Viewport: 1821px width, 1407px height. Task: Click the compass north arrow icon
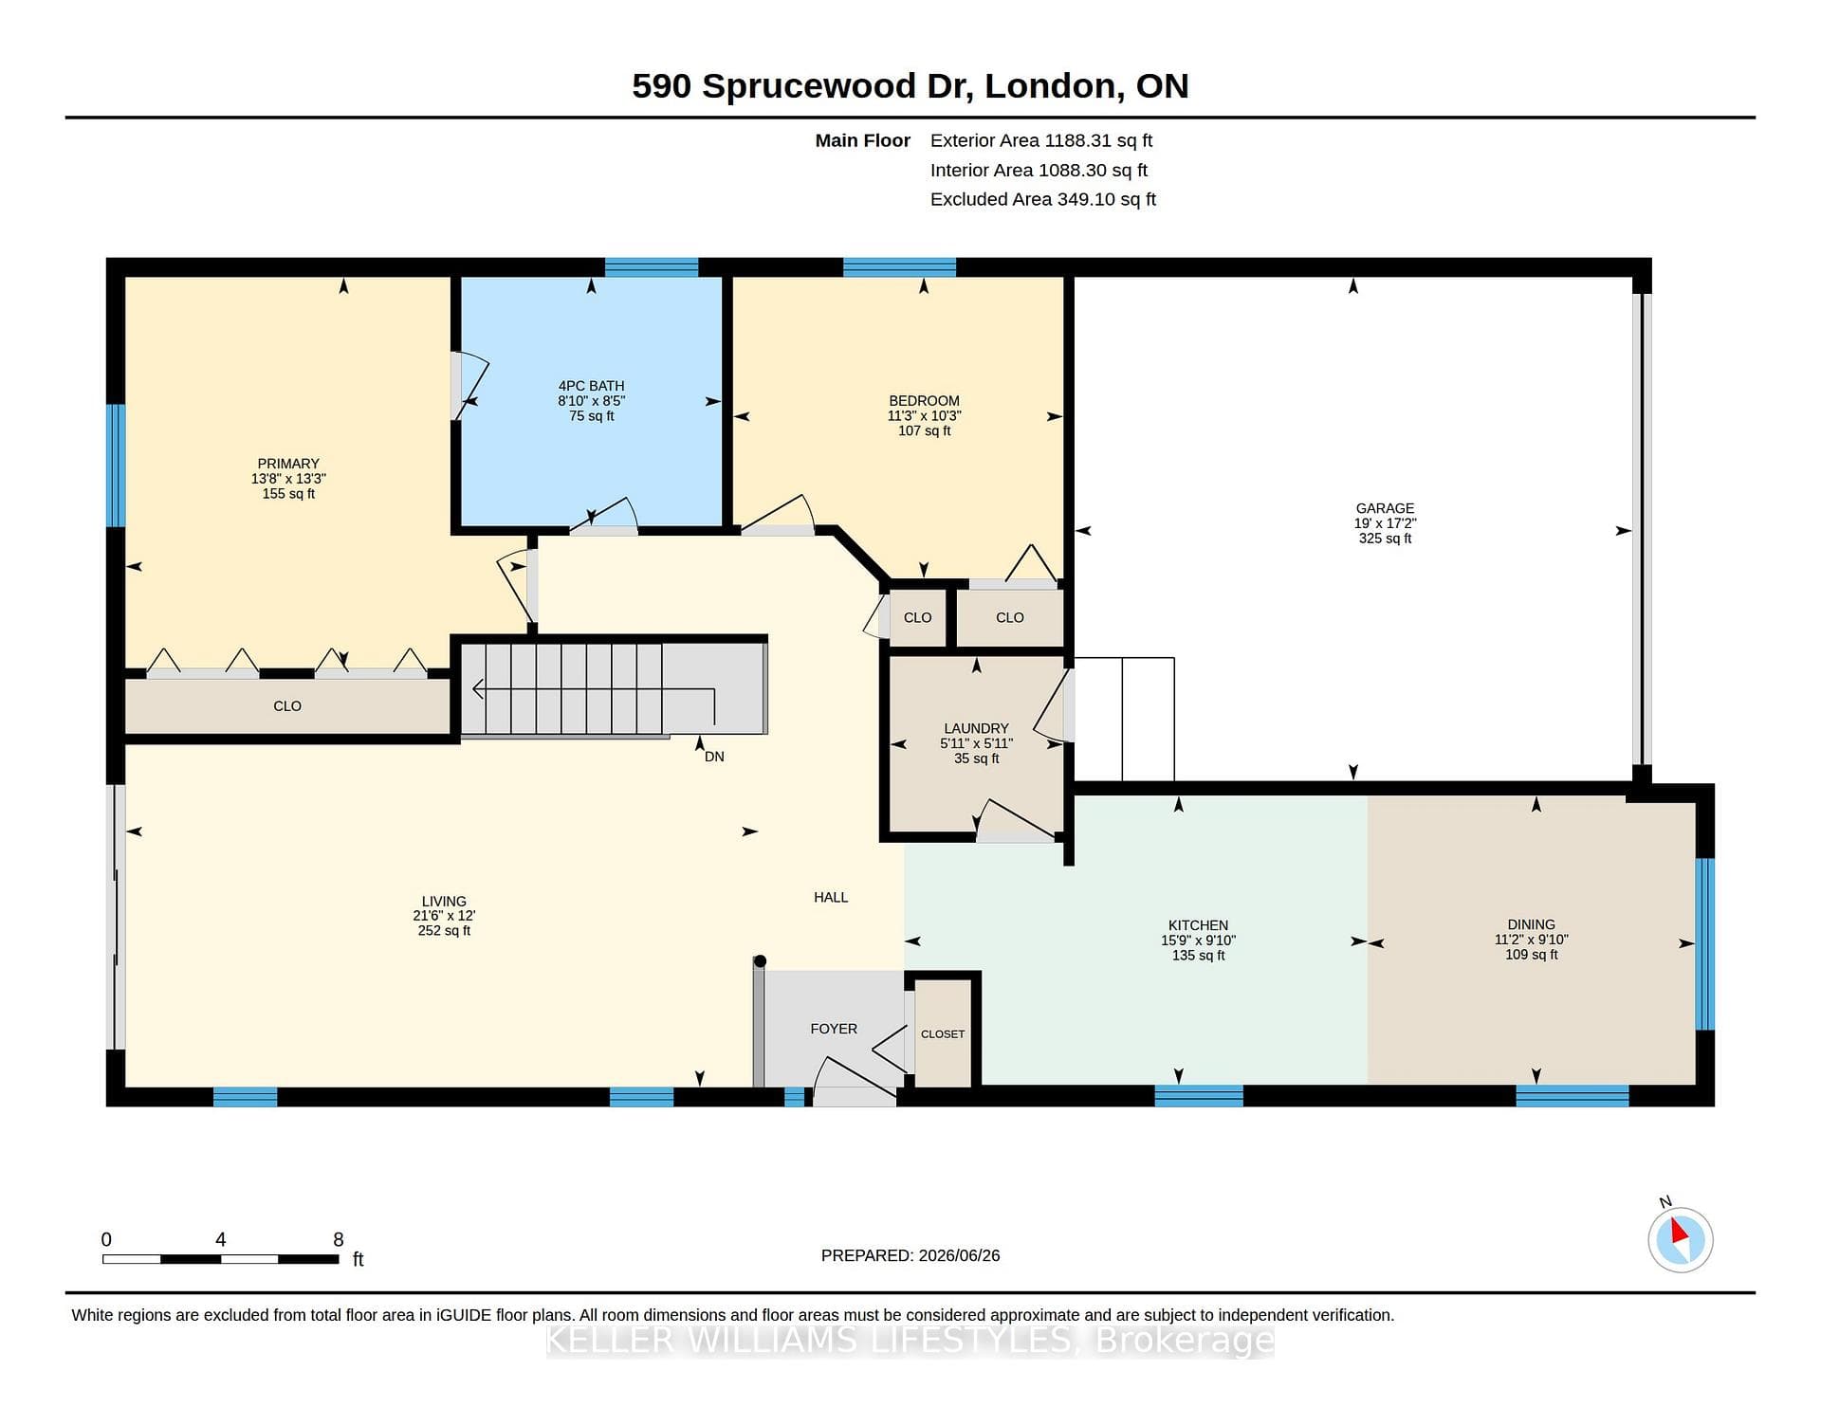[1680, 1239]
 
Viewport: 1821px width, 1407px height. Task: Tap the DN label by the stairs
[714, 757]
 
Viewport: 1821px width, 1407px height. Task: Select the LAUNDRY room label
[976, 728]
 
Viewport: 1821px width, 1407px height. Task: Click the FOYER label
[834, 1029]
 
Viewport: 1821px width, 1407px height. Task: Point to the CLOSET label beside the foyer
[943, 1034]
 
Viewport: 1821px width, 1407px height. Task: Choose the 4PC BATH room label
[591, 386]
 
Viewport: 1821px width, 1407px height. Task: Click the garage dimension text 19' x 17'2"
[1385, 523]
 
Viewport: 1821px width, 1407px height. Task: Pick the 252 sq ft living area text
[444, 931]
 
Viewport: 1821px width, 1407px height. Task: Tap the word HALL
[831, 897]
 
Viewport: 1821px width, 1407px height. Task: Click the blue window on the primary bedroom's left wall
[116, 466]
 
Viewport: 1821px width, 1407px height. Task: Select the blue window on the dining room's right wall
[1704, 943]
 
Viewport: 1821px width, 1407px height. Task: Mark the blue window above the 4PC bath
[652, 267]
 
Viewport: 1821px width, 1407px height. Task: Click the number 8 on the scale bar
[339, 1239]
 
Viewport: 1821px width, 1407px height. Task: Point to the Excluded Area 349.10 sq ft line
[1043, 199]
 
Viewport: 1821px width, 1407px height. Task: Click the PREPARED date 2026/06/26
[959, 1255]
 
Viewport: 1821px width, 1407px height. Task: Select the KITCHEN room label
[1198, 925]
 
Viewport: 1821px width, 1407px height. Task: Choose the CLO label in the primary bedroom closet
[287, 706]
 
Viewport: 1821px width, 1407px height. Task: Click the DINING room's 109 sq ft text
[1532, 955]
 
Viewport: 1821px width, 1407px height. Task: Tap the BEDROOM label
[924, 401]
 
